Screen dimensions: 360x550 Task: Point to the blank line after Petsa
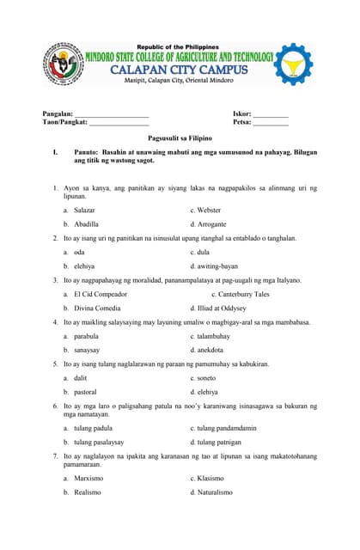[271, 124]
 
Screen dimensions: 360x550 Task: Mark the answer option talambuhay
[216, 336]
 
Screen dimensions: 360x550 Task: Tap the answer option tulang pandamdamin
[226, 427]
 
